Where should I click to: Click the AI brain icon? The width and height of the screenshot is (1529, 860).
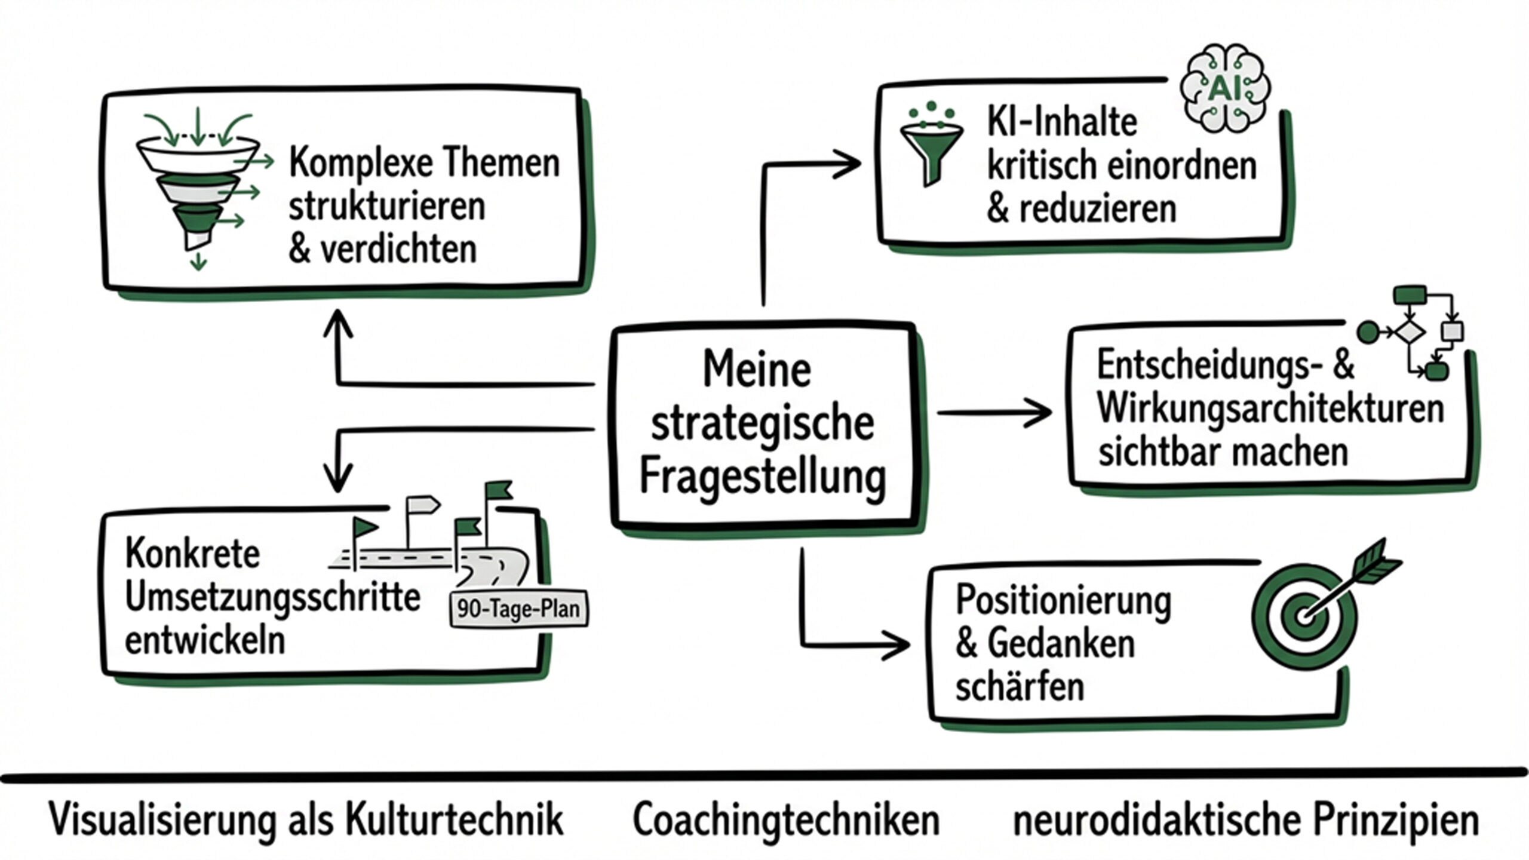[x=1224, y=88]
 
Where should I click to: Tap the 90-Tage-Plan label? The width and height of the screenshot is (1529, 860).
[x=518, y=609]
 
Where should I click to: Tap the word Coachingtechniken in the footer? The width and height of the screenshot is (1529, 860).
[x=786, y=820]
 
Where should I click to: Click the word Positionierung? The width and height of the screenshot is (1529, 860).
[x=1063, y=600]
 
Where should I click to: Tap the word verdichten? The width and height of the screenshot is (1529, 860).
[x=398, y=249]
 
